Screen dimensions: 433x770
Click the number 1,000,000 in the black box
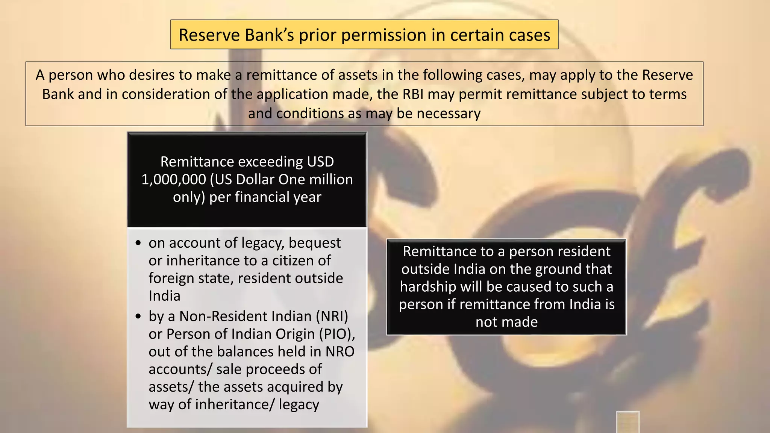[173, 179]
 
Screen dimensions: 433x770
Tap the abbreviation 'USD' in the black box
[320, 162]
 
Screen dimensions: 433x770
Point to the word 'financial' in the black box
[265, 197]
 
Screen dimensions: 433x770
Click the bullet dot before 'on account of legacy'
[138, 243]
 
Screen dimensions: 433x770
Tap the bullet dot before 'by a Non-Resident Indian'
[138, 316]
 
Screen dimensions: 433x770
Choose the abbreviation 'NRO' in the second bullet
[340, 351]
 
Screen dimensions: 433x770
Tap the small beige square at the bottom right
[628, 422]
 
